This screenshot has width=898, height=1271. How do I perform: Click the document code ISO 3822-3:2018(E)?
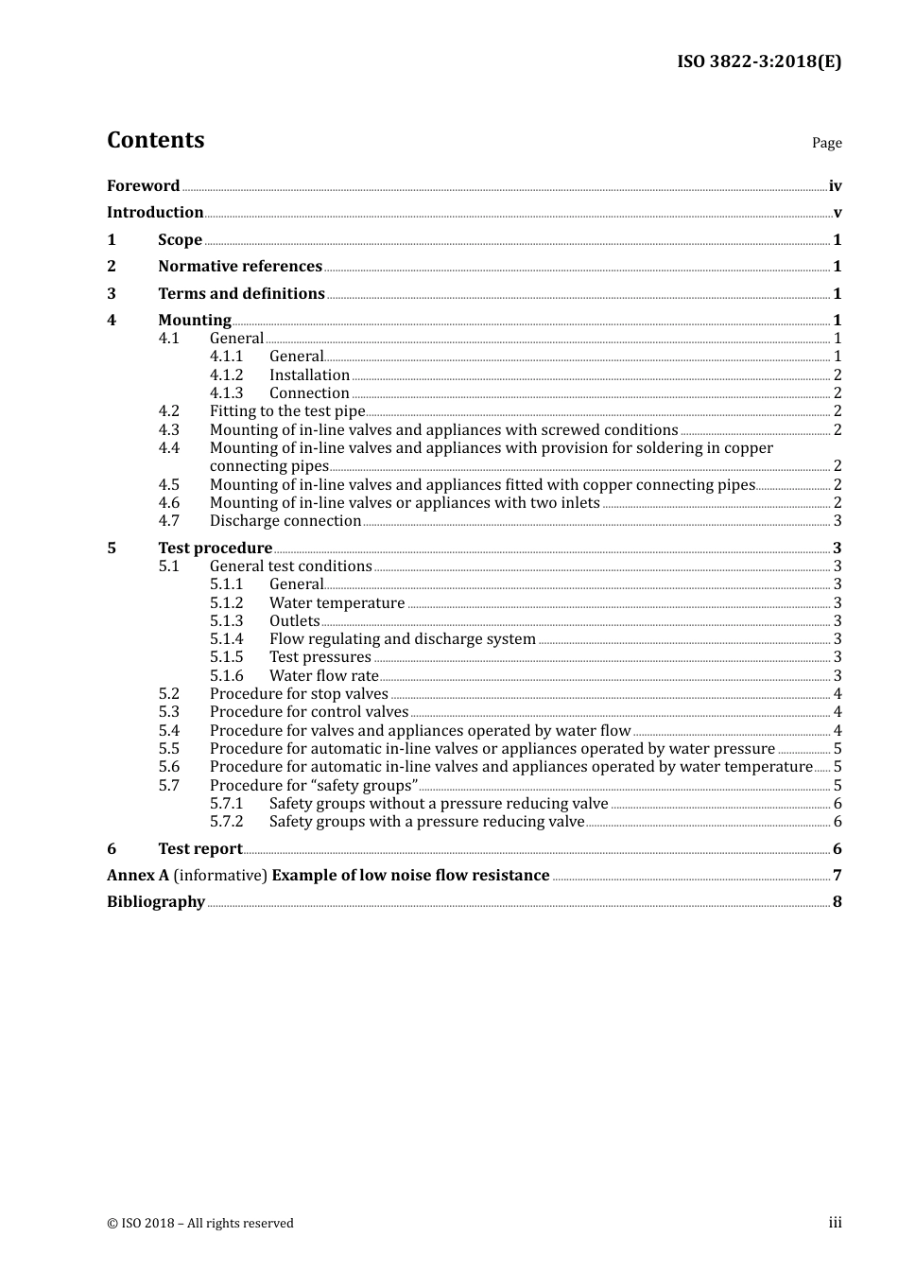[758, 62]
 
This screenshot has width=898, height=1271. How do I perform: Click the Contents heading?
[155, 140]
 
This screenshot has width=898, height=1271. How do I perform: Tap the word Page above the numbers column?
[826, 143]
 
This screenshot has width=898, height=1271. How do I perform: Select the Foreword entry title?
[143, 186]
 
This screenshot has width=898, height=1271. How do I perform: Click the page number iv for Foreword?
[835, 186]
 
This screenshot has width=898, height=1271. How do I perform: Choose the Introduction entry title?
[155, 213]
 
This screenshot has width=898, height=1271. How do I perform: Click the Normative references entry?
[240, 267]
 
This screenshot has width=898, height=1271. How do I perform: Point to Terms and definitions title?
[241, 294]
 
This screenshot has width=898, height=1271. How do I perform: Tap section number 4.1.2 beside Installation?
[226, 375]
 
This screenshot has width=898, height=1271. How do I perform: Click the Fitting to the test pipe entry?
[286, 411]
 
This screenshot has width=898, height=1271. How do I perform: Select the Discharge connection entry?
[285, 521]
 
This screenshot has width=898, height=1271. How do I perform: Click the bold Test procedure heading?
[215, 548]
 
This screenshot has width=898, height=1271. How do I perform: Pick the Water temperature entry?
[337, 603]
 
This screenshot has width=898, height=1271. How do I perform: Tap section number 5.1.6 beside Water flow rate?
[226, 676]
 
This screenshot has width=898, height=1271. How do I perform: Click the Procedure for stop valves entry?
[299, 694]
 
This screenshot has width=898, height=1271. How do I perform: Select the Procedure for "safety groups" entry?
[314, 786]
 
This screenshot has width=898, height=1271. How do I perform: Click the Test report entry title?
[199, 849]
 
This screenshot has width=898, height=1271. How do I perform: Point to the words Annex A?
[138, 876]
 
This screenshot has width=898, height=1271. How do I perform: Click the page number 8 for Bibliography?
[837, 902]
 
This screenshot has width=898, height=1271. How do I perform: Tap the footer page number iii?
[835, 1223]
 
